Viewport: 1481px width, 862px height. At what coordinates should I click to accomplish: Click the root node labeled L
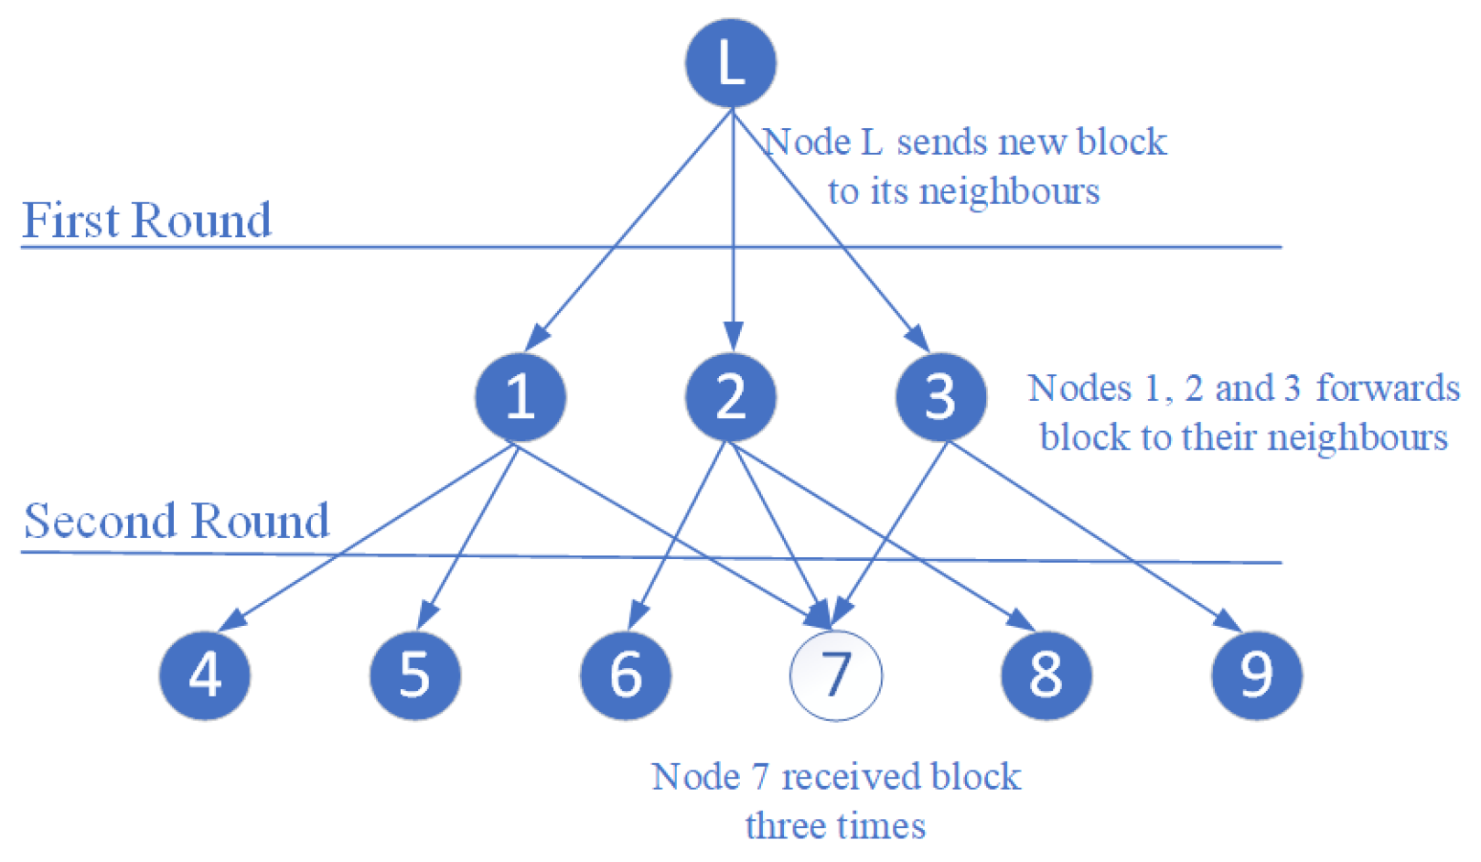[x=730, y=63]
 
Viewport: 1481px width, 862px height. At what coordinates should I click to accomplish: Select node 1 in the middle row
[x=520, y=397]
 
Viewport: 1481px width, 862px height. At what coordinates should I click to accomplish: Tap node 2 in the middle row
[x=730, y=397]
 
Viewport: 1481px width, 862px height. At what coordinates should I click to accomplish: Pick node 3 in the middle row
[x=940, y=397]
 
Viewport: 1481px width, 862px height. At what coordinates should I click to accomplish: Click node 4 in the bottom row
[x=205, y=675]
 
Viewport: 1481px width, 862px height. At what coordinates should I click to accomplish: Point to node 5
[x=414, y=675]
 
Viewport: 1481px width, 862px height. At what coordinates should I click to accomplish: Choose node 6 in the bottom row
[x=626, y=675]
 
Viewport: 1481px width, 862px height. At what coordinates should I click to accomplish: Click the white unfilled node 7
[x=835, y=675]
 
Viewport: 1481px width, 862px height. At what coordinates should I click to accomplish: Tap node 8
[x=1046, y=675]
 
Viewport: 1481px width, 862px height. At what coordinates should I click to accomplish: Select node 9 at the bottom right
[x=1256, y=675]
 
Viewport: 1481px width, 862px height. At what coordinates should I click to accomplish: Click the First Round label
[x=146, y=221]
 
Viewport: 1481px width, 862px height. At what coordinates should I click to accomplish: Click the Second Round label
[x=176, y=522]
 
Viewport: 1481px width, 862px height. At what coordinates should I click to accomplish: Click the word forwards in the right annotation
[x=1387, y=388]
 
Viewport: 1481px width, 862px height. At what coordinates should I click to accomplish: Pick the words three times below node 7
[x=835, y=826]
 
